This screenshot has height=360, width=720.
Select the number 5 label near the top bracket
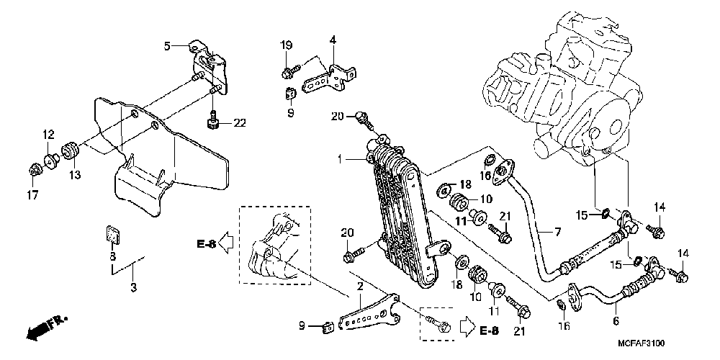click(166, 46)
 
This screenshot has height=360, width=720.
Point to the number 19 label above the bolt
click(286, 46)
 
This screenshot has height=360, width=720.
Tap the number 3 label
click(133, 288)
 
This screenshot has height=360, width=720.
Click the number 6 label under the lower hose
click(616, 321)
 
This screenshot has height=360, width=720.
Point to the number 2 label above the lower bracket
click(359, 286)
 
